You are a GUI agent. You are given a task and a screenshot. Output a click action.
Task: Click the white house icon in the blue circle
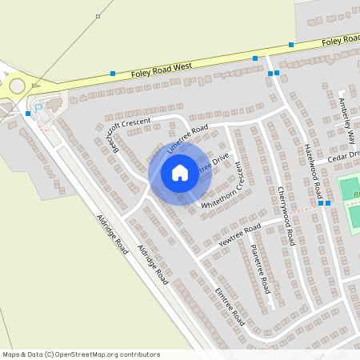pos(180,173)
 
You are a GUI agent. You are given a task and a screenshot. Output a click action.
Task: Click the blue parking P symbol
pos(35,108)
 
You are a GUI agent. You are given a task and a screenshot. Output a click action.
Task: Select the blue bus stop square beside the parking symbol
pos(28,114)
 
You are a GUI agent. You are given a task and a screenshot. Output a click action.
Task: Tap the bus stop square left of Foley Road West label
pos(113,74)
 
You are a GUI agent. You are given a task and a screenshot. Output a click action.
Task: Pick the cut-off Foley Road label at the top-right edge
pos(342,39)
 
